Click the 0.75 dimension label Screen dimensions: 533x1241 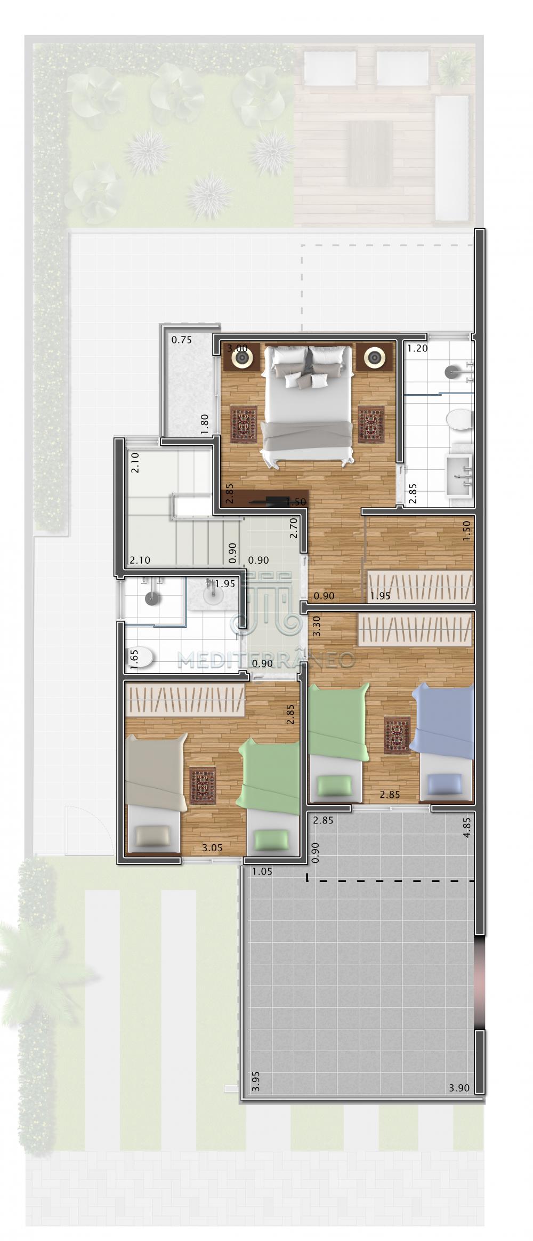181,340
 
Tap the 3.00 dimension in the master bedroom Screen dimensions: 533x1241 237,348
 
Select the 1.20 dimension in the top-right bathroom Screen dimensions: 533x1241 418,349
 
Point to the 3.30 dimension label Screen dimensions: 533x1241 317,626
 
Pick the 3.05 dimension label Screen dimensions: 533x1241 212,847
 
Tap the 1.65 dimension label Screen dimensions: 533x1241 134,655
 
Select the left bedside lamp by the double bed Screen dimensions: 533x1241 243,358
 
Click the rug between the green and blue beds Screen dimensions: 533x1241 397,734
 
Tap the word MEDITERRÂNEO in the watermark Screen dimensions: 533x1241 266,660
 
